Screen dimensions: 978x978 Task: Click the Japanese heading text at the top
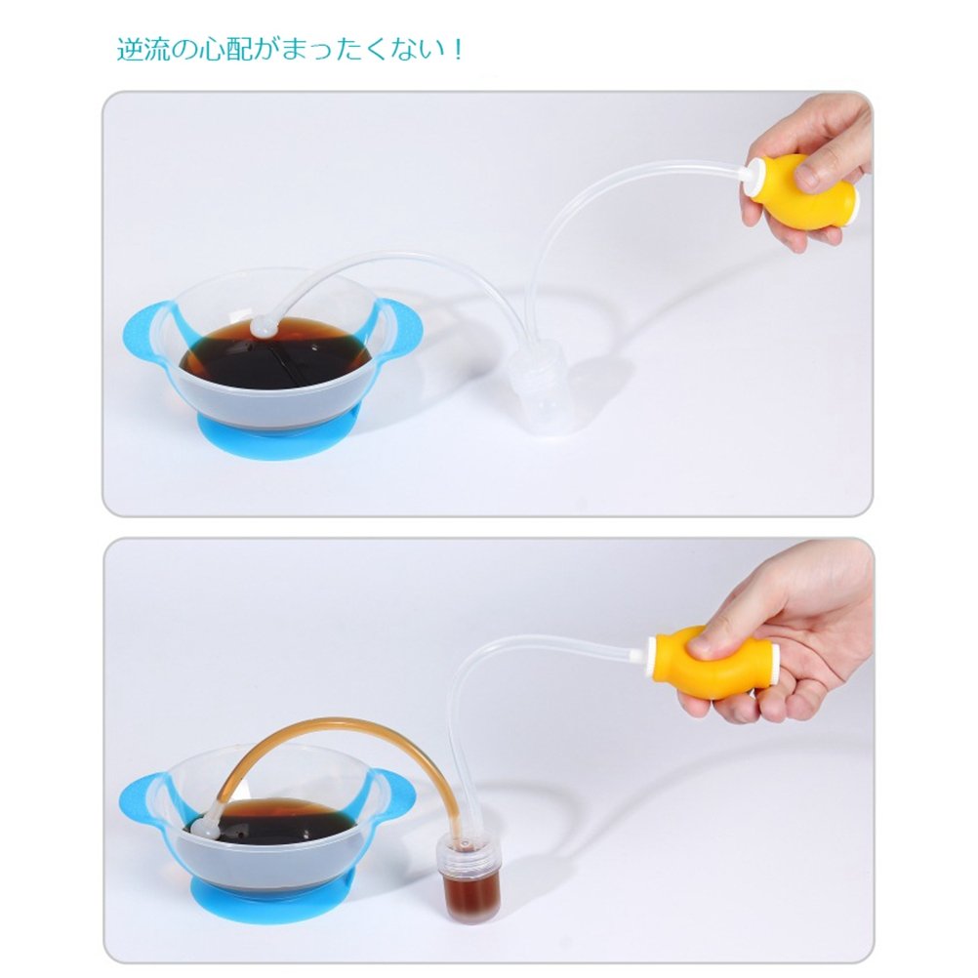click(290, 49)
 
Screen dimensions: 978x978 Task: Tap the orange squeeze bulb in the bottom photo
click(714, 661)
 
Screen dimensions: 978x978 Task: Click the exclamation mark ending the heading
click(458, 50)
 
